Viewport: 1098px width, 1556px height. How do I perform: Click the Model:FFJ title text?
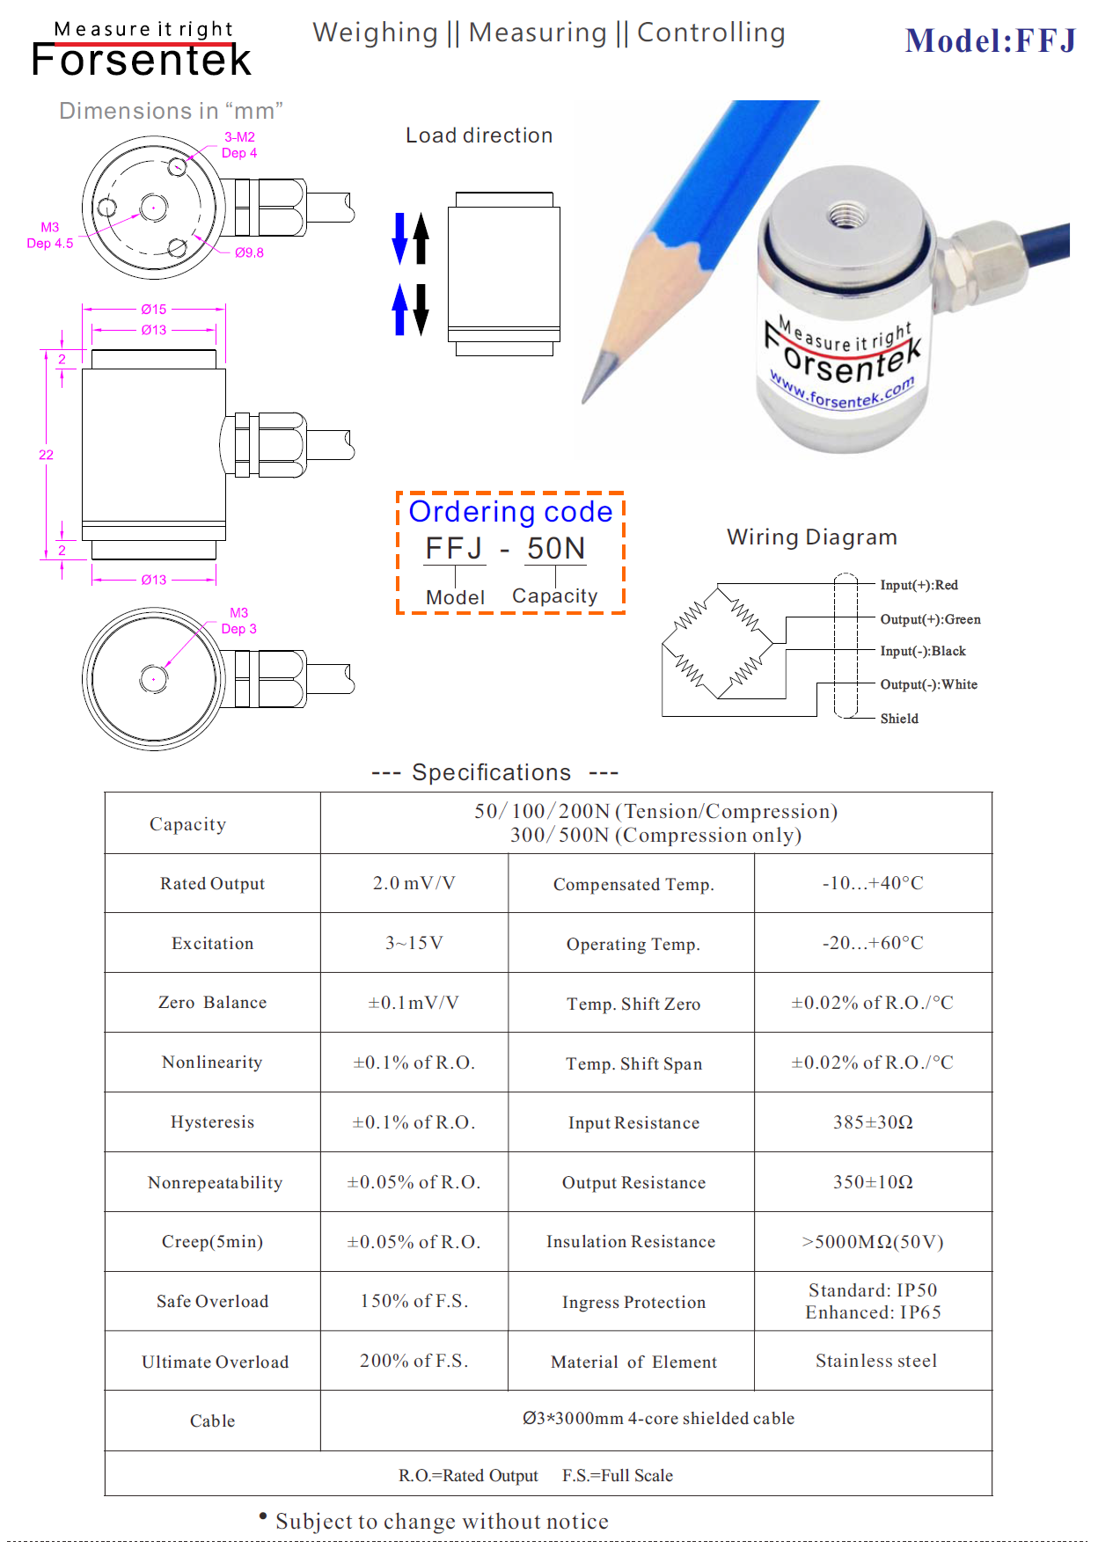coord(990,41)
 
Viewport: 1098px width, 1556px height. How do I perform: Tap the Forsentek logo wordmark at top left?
coord(141,59)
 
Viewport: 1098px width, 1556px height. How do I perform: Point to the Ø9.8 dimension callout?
coord(249,253)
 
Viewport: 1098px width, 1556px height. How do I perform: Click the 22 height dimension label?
coord(46,455)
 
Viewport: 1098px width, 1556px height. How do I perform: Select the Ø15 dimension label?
coord(154,310)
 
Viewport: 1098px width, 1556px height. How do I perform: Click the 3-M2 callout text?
coord(239,137)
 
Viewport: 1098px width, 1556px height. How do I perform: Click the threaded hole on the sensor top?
coord(845,214)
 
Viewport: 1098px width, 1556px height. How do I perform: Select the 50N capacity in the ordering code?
coord(556,549)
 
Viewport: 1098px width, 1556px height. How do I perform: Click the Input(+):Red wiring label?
coord(919,585)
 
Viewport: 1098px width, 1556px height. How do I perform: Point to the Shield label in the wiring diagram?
coord(899,719)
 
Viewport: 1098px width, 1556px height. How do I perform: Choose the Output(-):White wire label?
coord(928,684)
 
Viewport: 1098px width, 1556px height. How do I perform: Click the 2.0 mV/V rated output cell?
coord(414,883)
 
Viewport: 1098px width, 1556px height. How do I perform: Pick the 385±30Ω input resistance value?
coord(873,1122)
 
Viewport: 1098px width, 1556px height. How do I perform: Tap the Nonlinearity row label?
coord(212,1063)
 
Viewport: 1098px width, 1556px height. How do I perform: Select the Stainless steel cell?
coord(876,1362)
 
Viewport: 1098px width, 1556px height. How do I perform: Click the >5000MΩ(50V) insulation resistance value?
coord(873,1242)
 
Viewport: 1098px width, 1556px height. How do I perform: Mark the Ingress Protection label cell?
coord(633,1303)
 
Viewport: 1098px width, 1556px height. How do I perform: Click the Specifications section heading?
coord(492,772)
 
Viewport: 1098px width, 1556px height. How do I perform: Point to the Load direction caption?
coord(479,135)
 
